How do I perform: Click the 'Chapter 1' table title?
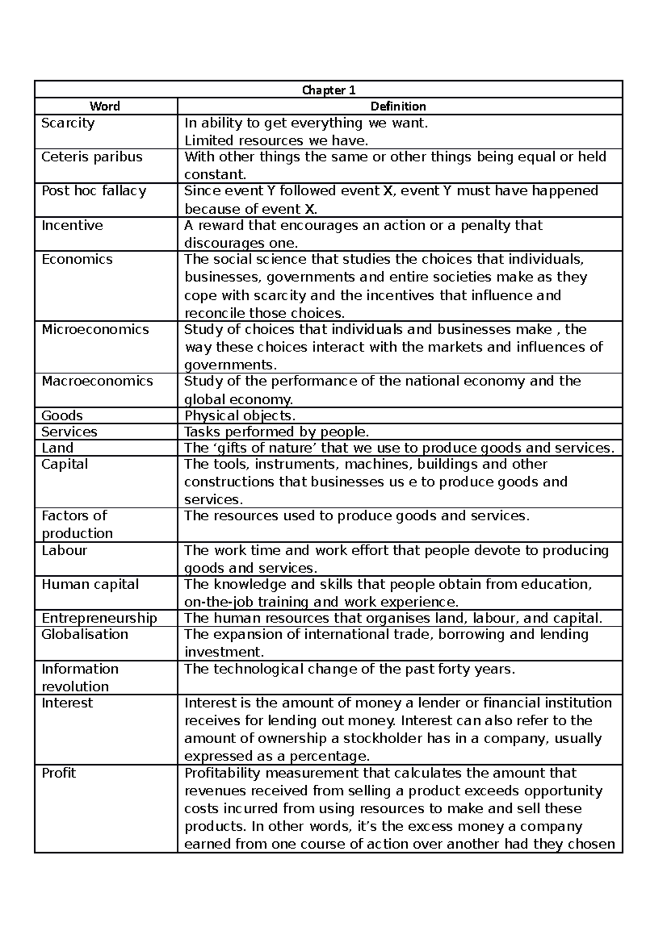click(x=328, y=90)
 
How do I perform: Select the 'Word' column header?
click(x=105, y=106)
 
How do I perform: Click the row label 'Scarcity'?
click(x=68, y=123)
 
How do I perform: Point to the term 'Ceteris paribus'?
click(x=92, y=157)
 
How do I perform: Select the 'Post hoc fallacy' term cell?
click(x=93, y=191)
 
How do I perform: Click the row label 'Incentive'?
click(x=72, y=225)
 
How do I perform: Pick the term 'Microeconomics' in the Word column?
click(x=95, y=330)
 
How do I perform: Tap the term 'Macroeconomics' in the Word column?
click(x=97, y=382)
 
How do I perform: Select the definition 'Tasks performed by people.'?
click(x=276, y=432)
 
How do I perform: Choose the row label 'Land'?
click(x=57, y=448)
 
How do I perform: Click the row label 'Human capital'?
click(x=90, y=585)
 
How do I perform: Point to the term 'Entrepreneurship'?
click(x=99, y=619)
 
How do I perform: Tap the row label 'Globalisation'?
click(x=84, y=635)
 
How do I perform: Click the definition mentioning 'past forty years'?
click(x=350, y=669)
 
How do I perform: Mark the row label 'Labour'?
click(x=64, y=551)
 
